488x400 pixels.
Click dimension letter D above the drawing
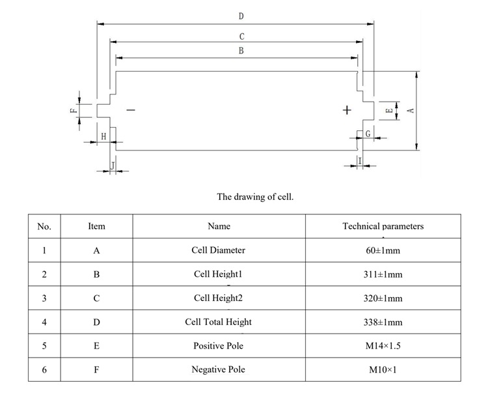click(241, 16)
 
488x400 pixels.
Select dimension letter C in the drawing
click(241, 37)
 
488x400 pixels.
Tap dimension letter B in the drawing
click(241, 51)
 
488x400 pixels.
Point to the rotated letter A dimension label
click(411, 110)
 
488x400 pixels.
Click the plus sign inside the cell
click(347, 110)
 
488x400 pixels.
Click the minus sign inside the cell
click(131, 110)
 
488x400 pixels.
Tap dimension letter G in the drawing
click(368, 134)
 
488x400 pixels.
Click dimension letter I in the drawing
click(359, 160)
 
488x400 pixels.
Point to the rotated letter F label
click(74, 110)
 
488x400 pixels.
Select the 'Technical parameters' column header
click(383, 226)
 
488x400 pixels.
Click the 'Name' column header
click(219, 226)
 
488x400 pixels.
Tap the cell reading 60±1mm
click(383, 250)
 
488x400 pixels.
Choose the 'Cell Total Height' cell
click(219, 322)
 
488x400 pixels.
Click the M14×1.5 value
click(383, 346)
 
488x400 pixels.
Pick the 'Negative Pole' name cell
click(219, 369)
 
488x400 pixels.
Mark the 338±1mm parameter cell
click(383, 322)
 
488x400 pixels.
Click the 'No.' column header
click(44, 226)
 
